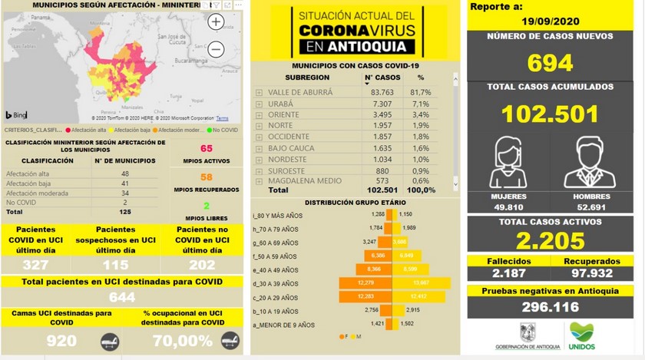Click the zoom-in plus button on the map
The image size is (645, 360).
[x=217, y=22]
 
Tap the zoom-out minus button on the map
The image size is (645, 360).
[x=217, y=50]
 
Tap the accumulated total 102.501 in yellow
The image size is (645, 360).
[x=550, y=114]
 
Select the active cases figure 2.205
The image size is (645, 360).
[x=551, y=243]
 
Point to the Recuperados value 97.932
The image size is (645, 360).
[x=590, y=274]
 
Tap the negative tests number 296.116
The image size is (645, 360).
[x=551, y=307]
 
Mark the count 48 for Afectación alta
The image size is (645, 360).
[x=124, y=174]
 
